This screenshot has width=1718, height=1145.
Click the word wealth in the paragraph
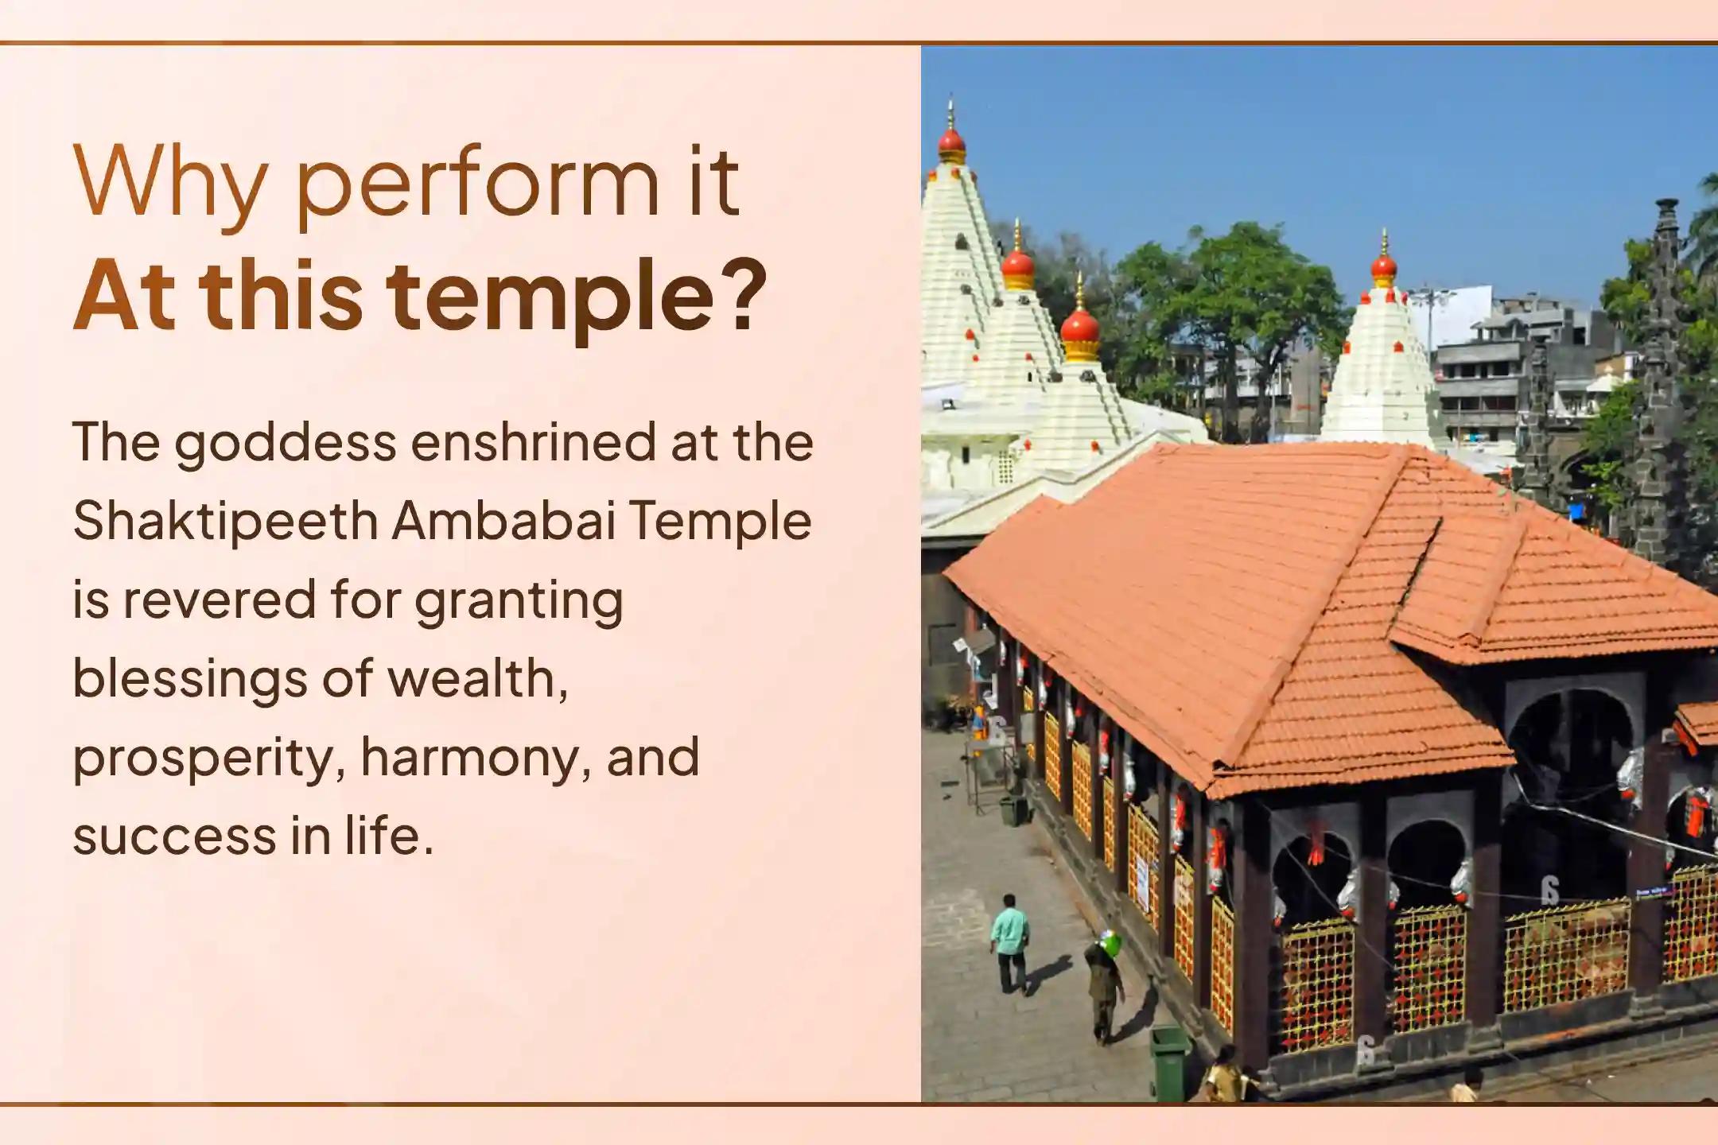477,679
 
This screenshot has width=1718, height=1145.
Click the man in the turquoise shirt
1010,943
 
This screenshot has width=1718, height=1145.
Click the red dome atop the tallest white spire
951,144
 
